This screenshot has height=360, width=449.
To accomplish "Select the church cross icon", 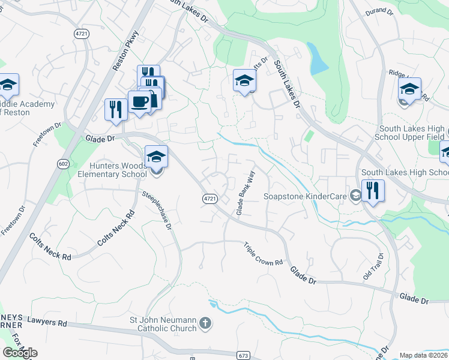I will (x=205, y=324).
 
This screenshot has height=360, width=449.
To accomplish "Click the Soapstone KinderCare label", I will (x=307, y=196).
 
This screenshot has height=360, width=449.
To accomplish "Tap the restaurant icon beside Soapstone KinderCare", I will (x=373, y=191).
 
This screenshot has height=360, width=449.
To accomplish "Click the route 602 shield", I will (x=62, y=163).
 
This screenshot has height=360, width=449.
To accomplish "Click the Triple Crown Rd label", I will (x=263, y=254).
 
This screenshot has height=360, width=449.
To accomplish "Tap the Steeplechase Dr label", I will (x=157, y=211).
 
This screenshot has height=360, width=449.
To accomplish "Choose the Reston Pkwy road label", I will (x=125, y=50).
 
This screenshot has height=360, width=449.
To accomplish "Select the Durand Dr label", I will (x=379, y=11).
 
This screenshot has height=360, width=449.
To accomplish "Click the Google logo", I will (x=20, y=353).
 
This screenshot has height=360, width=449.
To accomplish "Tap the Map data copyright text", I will (x=424, y=355).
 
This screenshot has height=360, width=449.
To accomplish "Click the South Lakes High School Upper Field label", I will (x=412, y=133).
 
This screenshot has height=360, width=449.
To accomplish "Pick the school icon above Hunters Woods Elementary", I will (x=156, y=157).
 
